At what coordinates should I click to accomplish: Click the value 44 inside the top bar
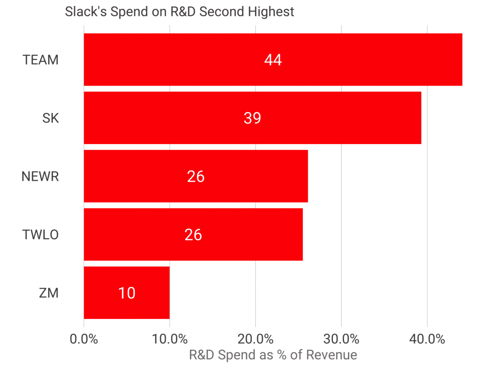click(273, 60)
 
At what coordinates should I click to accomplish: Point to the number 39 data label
click(252, 118)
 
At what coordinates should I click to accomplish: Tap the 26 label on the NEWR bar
click(196, 176)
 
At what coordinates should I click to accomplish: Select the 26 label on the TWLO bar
click(193, 235)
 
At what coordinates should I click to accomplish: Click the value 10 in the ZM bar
click(127, 293)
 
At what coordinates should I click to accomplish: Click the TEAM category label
click(41, 60)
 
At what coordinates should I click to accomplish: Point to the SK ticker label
click(50, 118)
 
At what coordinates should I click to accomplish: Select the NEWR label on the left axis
click(40, 176)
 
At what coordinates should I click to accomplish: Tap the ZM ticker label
click(48, 293)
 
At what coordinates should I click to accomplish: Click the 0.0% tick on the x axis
click(84, 339)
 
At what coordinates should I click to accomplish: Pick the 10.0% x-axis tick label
click(169, 339)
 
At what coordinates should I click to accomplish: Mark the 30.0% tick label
click(341, 339)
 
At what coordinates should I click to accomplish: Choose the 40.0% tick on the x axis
click(427, 339)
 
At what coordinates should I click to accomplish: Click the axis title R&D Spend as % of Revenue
click(272, 355)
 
